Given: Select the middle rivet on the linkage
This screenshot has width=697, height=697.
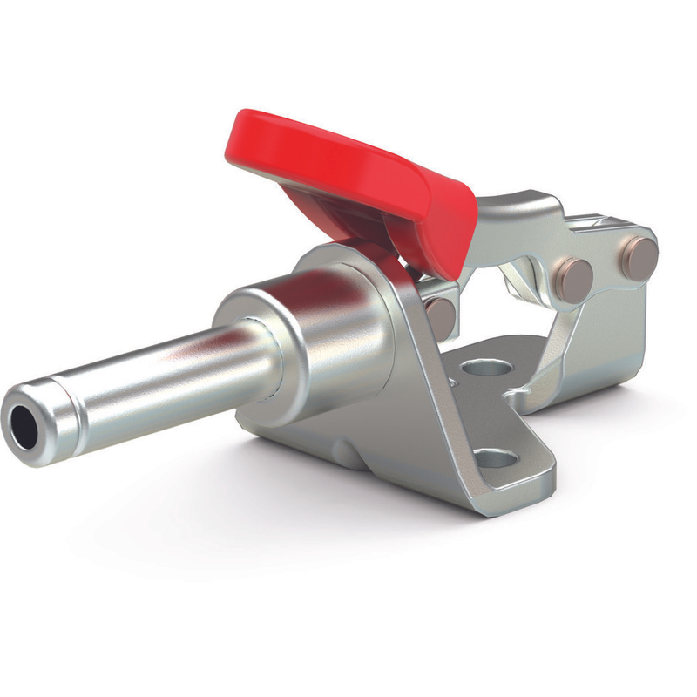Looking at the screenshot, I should coord(575,276).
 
